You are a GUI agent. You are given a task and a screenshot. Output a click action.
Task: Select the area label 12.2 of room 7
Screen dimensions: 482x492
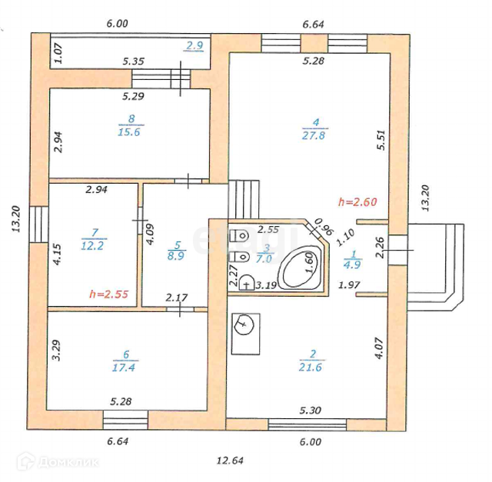tap(94, 245)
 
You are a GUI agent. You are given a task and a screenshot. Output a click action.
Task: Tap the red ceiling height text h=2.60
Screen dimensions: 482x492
tap(358, 202)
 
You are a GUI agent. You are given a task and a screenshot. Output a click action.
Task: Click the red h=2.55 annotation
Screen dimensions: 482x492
tap(109, 294)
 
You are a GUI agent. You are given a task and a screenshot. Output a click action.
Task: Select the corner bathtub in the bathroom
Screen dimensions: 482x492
tap(294, 270)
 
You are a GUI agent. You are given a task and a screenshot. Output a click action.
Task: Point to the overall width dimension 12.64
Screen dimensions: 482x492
tap(230, 460)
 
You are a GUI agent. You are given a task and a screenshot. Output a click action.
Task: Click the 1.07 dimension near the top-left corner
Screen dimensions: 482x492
tap(58, 52)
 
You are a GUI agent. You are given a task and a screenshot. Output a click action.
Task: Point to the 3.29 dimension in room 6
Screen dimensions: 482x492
tap(58, 351)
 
